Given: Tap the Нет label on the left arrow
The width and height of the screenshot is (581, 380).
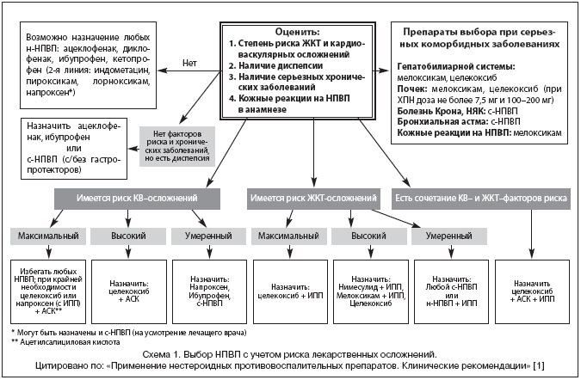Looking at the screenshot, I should [192, 63].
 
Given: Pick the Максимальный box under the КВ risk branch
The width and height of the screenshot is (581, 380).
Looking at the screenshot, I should [48, 234].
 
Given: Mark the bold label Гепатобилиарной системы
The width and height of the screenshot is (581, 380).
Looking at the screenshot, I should [457, 66].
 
